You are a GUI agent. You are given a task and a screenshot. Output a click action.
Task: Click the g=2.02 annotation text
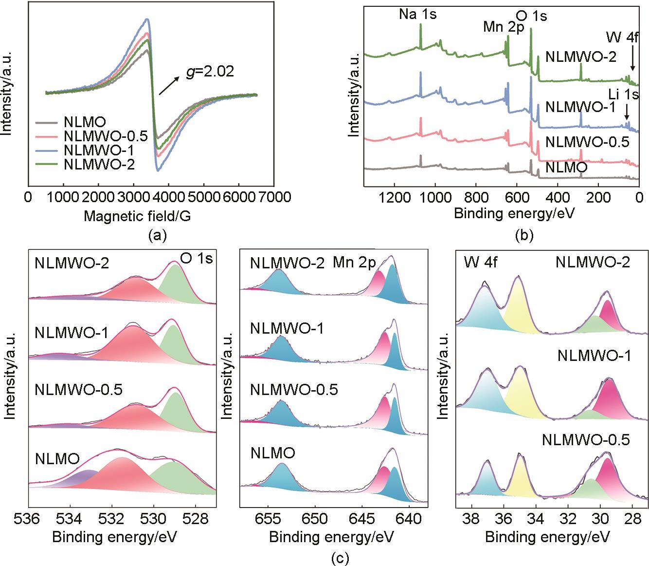click(x=210, y=72)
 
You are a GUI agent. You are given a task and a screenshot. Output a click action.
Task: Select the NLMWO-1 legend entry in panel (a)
click(x=98, y=151)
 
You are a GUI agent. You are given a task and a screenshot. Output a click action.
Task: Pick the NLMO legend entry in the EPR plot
click(x=85, y=122)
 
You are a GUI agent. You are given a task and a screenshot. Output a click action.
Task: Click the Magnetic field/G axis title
click(x=137, y=216)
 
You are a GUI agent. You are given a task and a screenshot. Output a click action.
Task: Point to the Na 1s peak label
click(x=417, y=14)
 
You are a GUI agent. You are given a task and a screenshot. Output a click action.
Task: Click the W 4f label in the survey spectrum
click(x=622, y=37)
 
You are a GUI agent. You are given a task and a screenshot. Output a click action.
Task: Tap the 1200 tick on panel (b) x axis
click(x=394, y=197)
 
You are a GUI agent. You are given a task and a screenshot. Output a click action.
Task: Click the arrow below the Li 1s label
click(x=627, y=113)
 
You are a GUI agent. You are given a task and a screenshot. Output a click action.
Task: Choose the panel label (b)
click(x=524, y=236)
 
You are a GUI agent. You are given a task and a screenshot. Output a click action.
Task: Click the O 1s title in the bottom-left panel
click(x=196, y=259)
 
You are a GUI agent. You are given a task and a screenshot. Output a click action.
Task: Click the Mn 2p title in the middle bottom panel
click(x=354, y=263)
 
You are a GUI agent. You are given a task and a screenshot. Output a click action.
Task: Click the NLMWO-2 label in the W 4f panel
click(x=593, y=263)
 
